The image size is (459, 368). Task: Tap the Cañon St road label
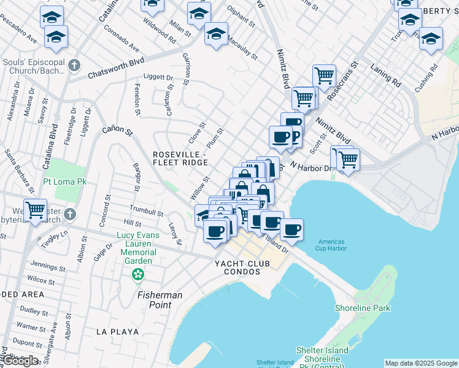pos(117,130)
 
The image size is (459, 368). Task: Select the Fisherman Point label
pos(160,300)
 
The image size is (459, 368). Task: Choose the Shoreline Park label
pos(363,308)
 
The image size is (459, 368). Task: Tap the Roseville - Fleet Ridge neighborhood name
pos(180,158)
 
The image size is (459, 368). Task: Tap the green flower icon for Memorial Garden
pos(139,274)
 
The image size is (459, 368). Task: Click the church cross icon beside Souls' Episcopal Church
pos(74,64)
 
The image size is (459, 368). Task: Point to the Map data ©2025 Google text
pos(421,363)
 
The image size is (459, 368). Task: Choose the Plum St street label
pos(215,137)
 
